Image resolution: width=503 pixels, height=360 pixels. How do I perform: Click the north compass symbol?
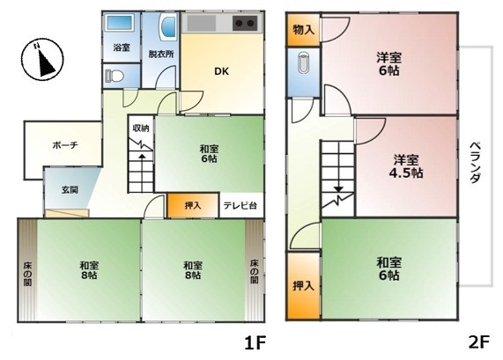42,59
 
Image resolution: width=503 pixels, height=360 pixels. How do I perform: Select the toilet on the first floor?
115,76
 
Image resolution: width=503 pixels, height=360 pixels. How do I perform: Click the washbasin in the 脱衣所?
167,27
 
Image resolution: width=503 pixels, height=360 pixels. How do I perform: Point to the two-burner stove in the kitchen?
245,23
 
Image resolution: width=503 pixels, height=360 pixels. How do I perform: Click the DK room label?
221,71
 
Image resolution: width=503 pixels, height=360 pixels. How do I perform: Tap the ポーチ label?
65,145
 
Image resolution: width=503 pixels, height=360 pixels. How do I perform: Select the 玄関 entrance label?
70,190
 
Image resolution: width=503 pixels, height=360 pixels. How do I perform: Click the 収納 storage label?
141,129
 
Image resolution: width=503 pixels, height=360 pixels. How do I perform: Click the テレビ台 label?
240,205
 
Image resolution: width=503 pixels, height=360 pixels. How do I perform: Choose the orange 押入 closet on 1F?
193,205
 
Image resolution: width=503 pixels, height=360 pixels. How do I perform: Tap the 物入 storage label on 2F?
303,31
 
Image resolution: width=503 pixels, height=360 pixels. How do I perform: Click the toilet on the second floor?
303,62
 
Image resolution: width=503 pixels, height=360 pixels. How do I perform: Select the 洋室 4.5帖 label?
406,166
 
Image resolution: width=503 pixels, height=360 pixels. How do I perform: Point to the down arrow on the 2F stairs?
339,189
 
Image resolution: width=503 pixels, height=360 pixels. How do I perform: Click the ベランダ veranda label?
475,163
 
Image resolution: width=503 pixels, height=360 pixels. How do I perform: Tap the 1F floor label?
255,343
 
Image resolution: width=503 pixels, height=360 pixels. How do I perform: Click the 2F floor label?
479,342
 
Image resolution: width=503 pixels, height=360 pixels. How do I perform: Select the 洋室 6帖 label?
388,64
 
